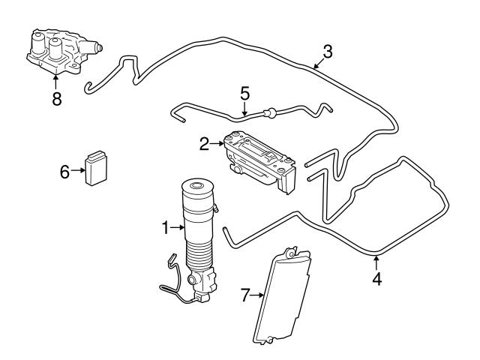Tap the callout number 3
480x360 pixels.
click(x=328, y=52)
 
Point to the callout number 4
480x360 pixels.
click(x=376, y=279)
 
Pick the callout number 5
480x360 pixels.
click(x=244, y=94)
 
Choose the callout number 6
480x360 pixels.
click(x=65, y=172)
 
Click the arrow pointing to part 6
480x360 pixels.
click(x=79, y=172)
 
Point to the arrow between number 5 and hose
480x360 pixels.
click(x=244, y=109)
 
